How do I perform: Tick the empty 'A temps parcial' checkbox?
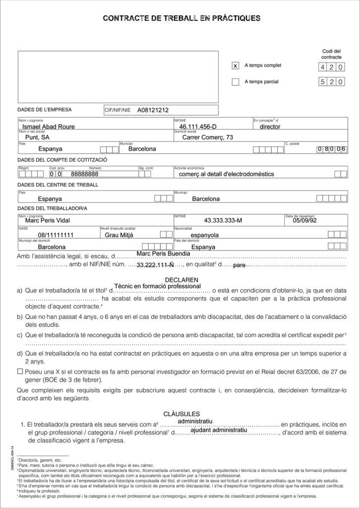pos(236,82)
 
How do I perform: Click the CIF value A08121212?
pos(153,110)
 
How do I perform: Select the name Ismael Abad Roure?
pos(49,127)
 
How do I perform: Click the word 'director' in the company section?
pos(270,127)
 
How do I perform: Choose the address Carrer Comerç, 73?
pos(207,137)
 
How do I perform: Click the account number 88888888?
pos(85,174)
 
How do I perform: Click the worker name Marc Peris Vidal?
pos(47,220)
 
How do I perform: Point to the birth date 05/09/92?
pos(304,220)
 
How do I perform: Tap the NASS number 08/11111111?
pos(56,235)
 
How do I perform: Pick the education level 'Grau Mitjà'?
pos(120,235)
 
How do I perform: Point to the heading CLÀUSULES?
pos(181,414)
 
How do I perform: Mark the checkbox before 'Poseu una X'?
pos(20,371)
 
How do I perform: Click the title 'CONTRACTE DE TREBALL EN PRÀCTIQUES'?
pos(181,18)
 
